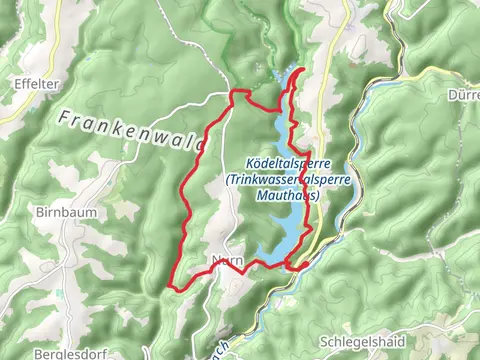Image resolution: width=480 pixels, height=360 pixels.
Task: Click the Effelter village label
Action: tap(31, 84)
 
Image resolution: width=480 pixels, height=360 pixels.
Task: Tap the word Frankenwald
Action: tap(130, 130)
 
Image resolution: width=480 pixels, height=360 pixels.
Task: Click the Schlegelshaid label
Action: tap(361, 341)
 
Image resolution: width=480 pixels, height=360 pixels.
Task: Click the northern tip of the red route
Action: tap(304, 69)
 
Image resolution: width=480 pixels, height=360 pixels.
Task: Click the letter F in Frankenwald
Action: tap(63, 116)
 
